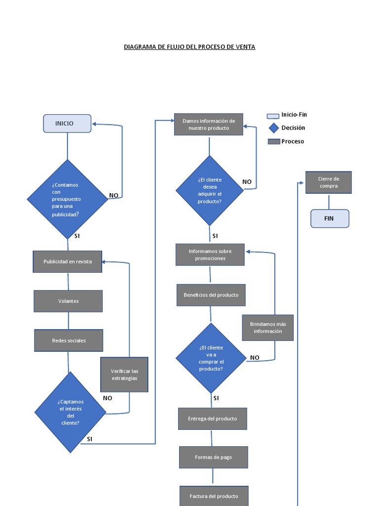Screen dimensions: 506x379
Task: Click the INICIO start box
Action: pos(67,124)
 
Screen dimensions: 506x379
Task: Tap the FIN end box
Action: pos(330,218)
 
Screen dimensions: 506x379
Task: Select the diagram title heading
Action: pos(189,47)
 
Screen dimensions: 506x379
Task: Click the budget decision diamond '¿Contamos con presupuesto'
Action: pos(68,199)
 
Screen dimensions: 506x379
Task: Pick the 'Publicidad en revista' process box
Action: pos(68,261)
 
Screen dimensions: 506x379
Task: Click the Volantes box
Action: pos(68,301)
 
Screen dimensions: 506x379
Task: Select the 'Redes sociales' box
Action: pos(69,340)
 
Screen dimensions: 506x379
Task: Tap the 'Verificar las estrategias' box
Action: pos(124,375)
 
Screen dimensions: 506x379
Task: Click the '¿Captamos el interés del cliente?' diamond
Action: pos(70,412)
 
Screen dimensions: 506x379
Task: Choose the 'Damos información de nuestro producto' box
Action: pos(209,125)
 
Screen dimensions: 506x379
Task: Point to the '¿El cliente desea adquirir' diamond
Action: pos(210,191)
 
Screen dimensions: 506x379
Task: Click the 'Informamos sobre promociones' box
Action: pos(210,254)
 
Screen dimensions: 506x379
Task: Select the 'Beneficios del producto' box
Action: pos(211,295)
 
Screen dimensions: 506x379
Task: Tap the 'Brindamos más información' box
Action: pos(268,328)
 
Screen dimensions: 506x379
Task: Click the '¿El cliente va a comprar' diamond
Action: pos(211,358)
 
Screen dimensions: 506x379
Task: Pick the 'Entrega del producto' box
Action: pos(212,419)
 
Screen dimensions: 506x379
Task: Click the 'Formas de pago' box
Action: pos(213,457)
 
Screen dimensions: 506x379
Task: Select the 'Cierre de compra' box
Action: pos(329,182)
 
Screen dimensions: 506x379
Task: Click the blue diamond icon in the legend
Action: pos(273,128)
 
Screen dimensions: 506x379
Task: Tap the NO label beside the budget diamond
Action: pos(114,195)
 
